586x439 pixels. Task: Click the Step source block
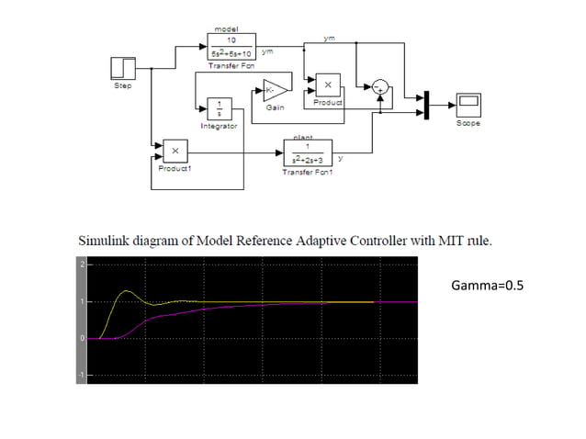click(x=123, y=67)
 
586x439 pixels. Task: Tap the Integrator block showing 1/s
click(x=219, y=107)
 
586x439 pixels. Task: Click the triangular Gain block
click(x=275, y=89)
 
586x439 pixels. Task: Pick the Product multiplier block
click(x=328, y=85)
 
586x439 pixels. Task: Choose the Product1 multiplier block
click(x=175, y=152)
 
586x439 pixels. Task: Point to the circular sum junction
click(x=378, y=87)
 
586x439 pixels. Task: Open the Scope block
click(x=468, y=105)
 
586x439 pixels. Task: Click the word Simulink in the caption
click(x=104, y=242)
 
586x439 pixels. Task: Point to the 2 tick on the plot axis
click(x=81, y=265)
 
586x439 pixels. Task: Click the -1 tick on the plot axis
click(x=81, y=376)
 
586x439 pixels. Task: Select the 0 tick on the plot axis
click(x=81, y=339)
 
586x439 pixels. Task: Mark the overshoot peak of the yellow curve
click(x=126, y=291)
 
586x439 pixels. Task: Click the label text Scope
click(x=468, y=123)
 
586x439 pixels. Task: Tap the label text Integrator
click(x=219, y=126)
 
